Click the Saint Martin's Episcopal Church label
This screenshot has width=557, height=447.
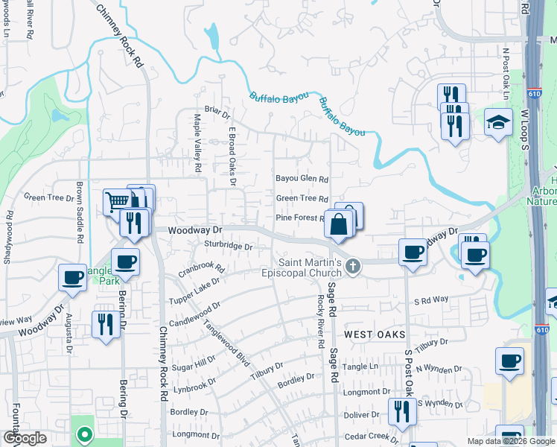tap(310, 267)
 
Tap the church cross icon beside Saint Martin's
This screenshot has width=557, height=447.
tap(354, 265)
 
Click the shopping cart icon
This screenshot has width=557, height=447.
tap(117, 200)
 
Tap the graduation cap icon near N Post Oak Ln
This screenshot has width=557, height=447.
tap(498, 122)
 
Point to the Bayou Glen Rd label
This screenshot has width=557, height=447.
tap(302, 179)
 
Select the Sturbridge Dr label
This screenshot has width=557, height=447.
tap(228, 245)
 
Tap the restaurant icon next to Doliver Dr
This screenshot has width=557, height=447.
tap(401, 410)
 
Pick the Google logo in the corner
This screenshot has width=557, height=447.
tap(25, 438)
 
